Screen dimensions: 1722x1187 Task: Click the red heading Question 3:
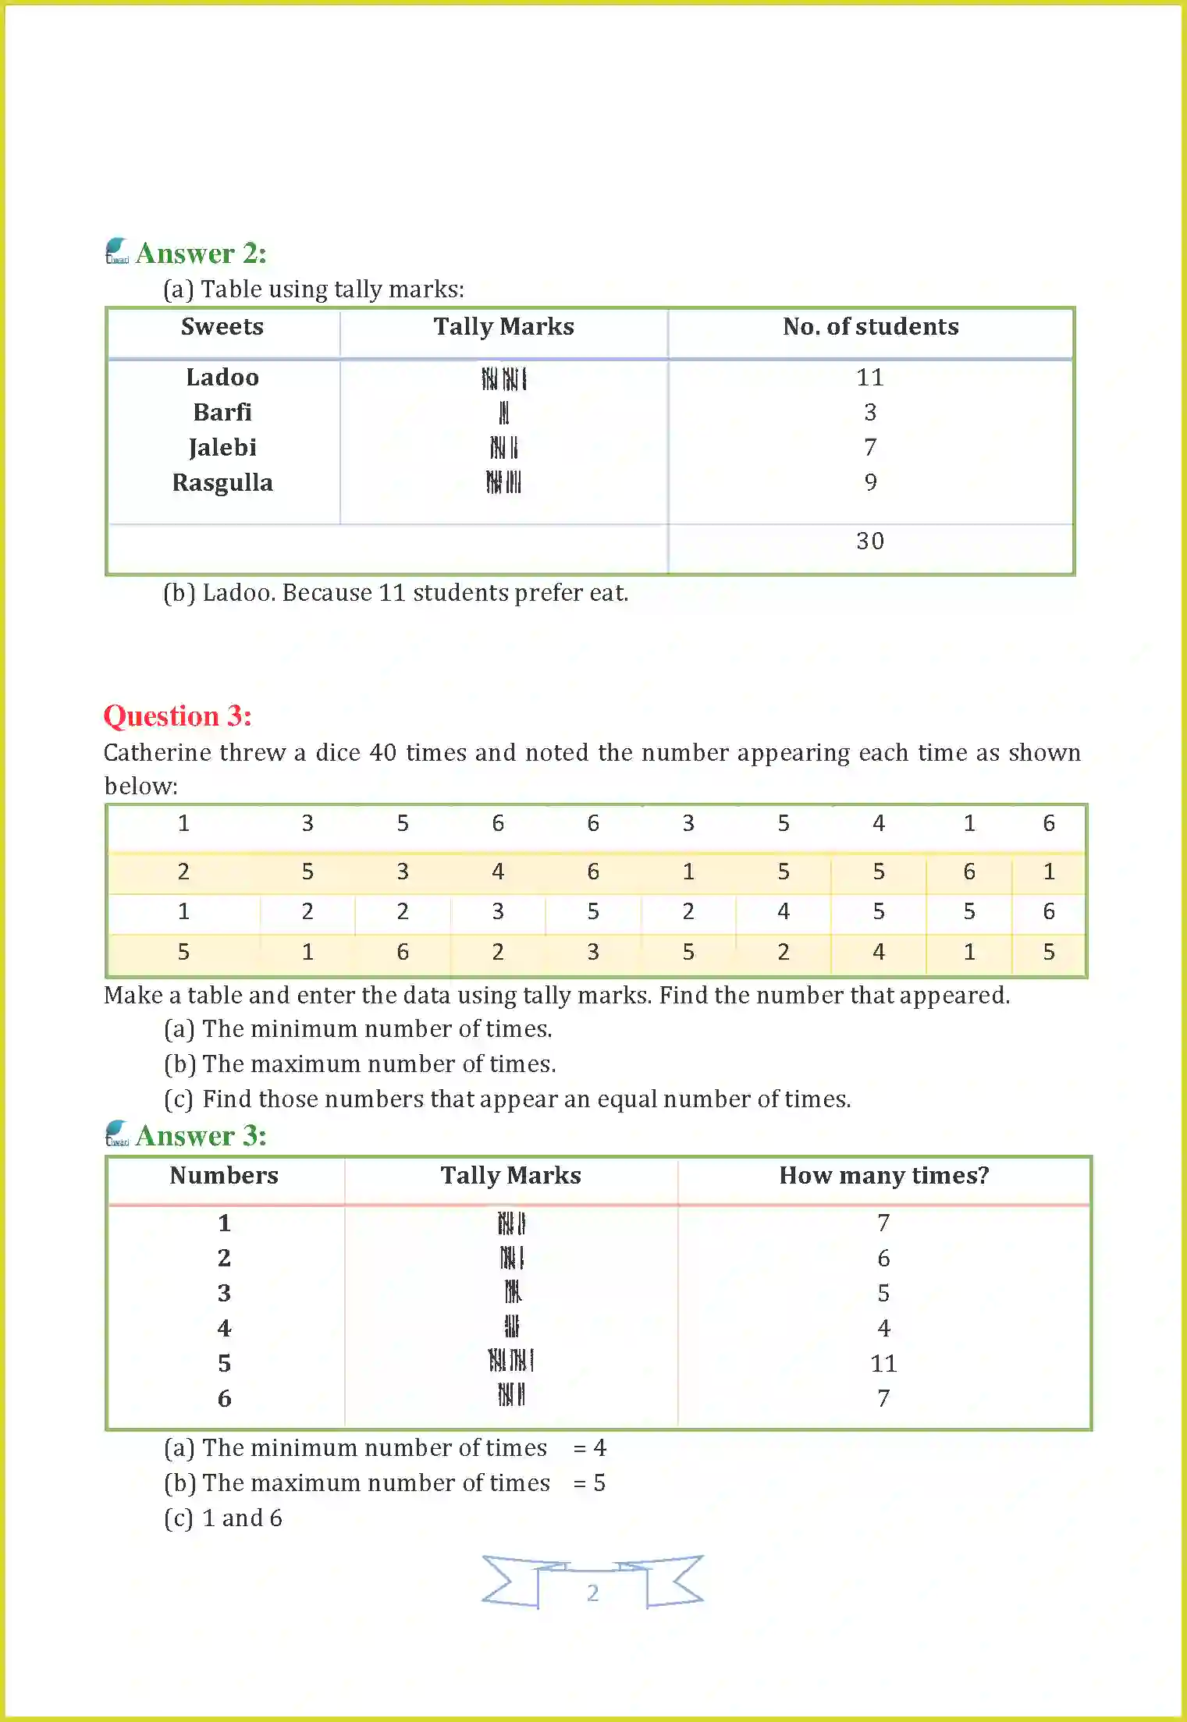[178, 716]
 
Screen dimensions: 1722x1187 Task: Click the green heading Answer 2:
[201, 254]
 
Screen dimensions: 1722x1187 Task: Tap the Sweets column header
[222, 327]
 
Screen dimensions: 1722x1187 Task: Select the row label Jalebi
[222, 448]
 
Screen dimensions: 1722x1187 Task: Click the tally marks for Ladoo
[504, 379]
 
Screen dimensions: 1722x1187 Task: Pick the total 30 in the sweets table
[870, 541]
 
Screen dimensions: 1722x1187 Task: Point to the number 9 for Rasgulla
[871, 483]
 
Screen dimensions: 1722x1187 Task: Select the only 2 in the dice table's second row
[183, 872]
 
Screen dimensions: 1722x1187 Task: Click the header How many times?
[884, 1176]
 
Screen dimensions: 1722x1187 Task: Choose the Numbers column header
[224, 1176]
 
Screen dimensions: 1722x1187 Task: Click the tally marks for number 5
[511, 1362]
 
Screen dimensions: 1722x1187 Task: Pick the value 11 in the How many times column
[883, 1364]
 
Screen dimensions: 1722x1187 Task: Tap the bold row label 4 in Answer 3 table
[225, 1329]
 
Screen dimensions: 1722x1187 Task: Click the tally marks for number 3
[512, 1293]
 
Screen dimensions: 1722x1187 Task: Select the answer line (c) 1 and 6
[223, 1518]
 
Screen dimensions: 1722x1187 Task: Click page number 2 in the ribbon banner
[593, 1593]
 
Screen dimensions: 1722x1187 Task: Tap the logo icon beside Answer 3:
[117, 1134]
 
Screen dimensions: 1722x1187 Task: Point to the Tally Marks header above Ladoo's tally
[504, 327]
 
